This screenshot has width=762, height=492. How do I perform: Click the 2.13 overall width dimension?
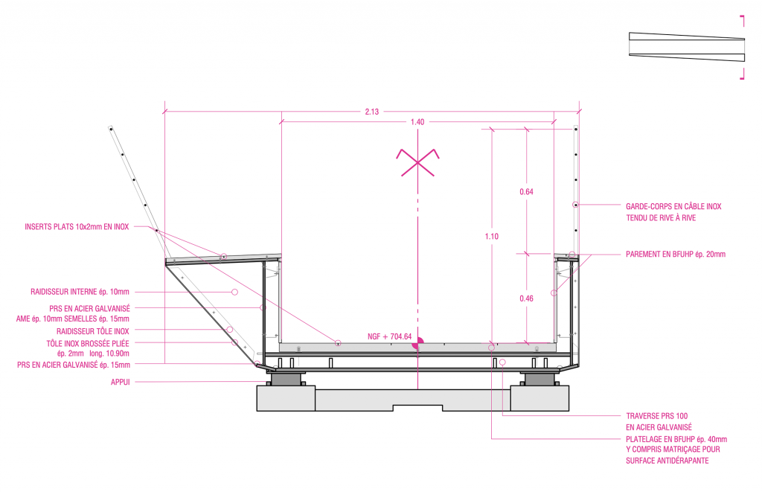click(x=372, y=112)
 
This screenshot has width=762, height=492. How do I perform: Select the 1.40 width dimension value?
click(x=417, y=122)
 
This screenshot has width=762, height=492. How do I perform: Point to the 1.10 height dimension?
click(x=491, y=236)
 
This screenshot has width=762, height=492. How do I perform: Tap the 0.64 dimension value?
click(x=526, y=191)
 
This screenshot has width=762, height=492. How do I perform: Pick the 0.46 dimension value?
click(x=526, y=298)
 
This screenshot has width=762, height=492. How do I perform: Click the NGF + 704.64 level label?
click(x=389, y=336)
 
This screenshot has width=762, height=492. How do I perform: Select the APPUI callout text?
click(x=121, y=382)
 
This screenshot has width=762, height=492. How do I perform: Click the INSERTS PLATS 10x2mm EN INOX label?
click(x=77, y=227)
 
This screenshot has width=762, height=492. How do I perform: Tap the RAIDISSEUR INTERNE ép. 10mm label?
click(x=80, y=293)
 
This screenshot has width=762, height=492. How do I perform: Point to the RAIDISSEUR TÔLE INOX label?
click(x=93, y=331)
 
